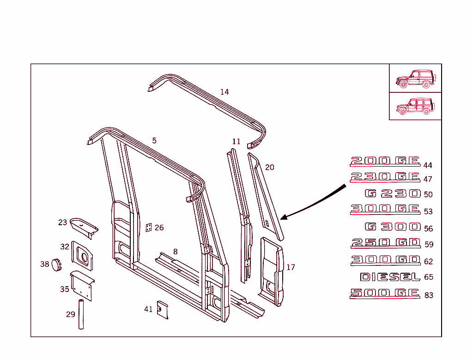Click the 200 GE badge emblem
tap(385, 162)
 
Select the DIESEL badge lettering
tap(390, 277)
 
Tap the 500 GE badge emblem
tap(385, 294)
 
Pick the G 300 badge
tap(393, 227)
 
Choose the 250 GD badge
tap(386, 243)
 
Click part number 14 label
tap(224, 92)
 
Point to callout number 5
tap(154, 140)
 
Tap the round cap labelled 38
tap(56, 265)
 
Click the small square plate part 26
tap(149, 228)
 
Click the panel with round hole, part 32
tap(82, 256)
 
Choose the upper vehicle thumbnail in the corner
tap(415, 78)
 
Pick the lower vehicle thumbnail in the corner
tap(415, 106)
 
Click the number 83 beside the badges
tap(429, 295)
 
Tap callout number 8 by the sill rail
tap(176, 252)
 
